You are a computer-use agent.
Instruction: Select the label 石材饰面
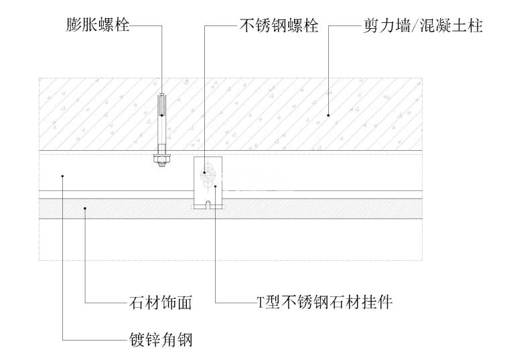click(x=160, y=303)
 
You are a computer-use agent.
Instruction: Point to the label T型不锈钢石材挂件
click(x=325, y=303)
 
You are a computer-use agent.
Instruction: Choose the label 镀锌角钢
click(x=160, y=340)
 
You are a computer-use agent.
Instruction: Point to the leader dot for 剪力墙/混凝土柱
click(x=328, y=115)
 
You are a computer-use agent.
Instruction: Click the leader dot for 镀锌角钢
click(x=62, y=176)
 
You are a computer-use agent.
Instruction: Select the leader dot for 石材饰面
click(x=85, y=209)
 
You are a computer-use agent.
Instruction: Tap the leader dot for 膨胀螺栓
click(x=161, y=115)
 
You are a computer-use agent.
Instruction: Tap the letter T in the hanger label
click(x=263, y=303)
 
